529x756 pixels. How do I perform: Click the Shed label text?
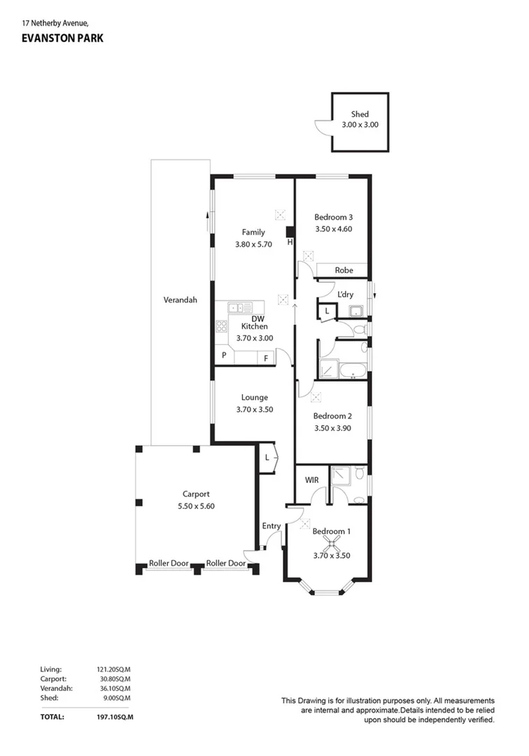point(360,114)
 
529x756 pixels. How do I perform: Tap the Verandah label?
point(181,300)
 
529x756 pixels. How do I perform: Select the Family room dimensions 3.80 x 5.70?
point(253,245)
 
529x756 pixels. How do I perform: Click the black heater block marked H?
point(290,232)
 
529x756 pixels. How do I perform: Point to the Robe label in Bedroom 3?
point(344,270)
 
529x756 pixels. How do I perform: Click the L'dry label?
point(345,295)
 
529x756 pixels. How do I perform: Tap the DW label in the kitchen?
point(257,318)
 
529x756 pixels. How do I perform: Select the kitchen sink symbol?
point(240,307)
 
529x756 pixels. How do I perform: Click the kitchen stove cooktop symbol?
point(222,325)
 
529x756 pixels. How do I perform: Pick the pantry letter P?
point(224,356)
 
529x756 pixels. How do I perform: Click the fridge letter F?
point(266,358)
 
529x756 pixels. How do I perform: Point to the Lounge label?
point(254,398)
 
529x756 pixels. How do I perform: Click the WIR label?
point(312,480)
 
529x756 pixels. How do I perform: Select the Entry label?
point(271,526)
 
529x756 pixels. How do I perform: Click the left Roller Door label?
point(169,563)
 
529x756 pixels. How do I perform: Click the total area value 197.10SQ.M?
point(115,717)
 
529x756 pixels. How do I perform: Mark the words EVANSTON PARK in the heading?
point(62,38)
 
